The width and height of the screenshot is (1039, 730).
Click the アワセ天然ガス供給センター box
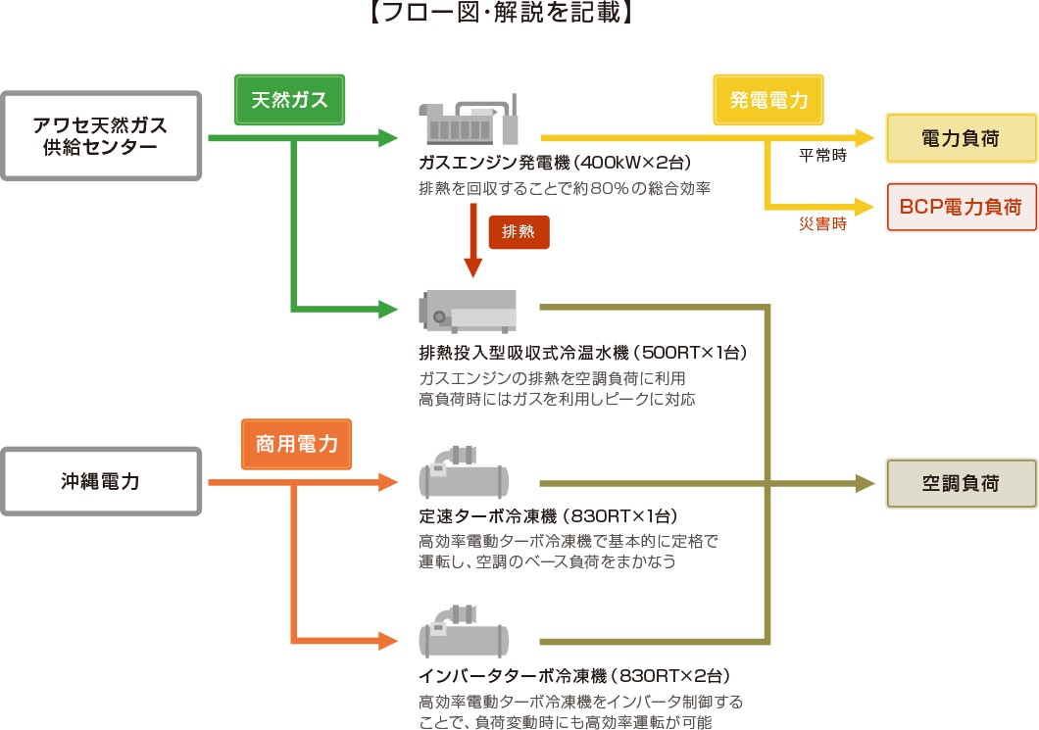point(101,136)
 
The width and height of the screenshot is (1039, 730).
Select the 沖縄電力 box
point(101,482)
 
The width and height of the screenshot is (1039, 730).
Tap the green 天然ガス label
point(288,100)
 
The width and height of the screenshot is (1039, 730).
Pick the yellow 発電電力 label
point(767,100)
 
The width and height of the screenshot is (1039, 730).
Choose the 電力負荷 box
point(961,138)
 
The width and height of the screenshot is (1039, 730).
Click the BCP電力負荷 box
point(961,207)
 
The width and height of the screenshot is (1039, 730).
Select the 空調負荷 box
point(961,483)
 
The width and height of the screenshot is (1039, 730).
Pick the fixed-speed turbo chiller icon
point(465,474)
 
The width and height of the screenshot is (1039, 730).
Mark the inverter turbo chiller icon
point(465,634)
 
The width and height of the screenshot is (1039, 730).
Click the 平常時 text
point(823,156)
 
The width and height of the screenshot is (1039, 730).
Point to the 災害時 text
point(823,224)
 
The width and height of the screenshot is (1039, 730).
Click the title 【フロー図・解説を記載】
point(519,14)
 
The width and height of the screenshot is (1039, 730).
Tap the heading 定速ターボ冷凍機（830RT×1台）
point(562,516)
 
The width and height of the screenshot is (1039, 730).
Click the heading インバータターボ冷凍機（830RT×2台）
point(573,676)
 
